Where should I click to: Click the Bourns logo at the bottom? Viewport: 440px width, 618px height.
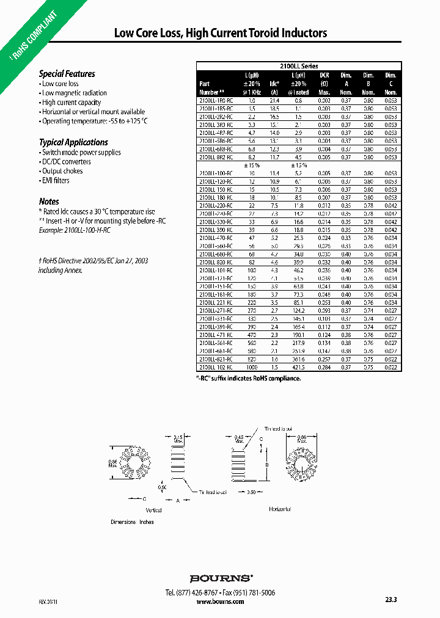coord(221,578)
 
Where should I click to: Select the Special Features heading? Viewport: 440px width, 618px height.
coord(67,74)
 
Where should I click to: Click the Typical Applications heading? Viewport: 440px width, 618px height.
coord(73,142)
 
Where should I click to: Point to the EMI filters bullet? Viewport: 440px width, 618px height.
coord(56,180)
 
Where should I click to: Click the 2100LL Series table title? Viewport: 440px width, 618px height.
coord(299,66)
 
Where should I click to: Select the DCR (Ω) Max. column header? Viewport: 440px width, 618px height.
coord(324,83)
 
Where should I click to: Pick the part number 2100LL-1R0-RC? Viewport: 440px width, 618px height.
coord(216,100)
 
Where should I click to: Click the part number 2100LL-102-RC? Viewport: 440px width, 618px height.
coord(216,368)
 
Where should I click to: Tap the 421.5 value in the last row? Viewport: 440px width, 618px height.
coord(298,368)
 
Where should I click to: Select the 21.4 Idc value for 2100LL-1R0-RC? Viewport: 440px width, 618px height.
coord(274,100)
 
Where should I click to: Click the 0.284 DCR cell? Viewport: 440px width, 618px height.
coord(324,368)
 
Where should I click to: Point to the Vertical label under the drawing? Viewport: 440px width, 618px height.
coord(153,510)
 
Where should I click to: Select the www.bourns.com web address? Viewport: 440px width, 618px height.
coord(221,602)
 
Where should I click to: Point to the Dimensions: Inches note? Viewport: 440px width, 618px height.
coord(132,522)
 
